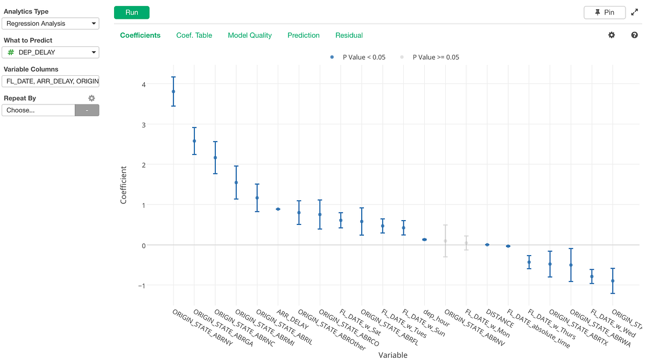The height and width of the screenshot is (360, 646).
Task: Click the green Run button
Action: (x=131, y=12)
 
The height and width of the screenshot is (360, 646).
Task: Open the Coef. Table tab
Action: (x=194, y=36)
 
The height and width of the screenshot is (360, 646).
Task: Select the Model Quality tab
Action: (x=250, y=36)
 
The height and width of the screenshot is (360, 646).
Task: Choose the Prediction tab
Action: (x=304, y=36)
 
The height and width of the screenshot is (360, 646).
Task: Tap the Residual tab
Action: (x=349, y=36)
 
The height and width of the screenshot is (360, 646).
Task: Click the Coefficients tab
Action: (x=140, y=36)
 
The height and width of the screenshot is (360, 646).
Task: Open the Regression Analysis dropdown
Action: (x=51, y=24)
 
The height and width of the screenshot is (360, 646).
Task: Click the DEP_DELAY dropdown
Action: (x=51, y=52)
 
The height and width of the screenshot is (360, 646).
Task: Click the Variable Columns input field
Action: (x=51, y=81)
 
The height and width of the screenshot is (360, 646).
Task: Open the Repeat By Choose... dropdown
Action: (x=38, y=110)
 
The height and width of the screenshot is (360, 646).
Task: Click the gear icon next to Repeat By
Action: (x=92, y=98)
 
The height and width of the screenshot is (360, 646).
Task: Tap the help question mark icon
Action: (x=634, y=35)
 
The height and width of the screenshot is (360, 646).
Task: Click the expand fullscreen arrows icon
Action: (x=634, y=12)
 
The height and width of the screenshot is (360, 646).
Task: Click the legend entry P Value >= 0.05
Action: (x=435, y=57)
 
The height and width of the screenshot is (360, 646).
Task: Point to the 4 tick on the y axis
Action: (x=143, y=84)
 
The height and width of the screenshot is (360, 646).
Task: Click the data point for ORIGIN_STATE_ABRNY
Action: (x=173, y=91)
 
